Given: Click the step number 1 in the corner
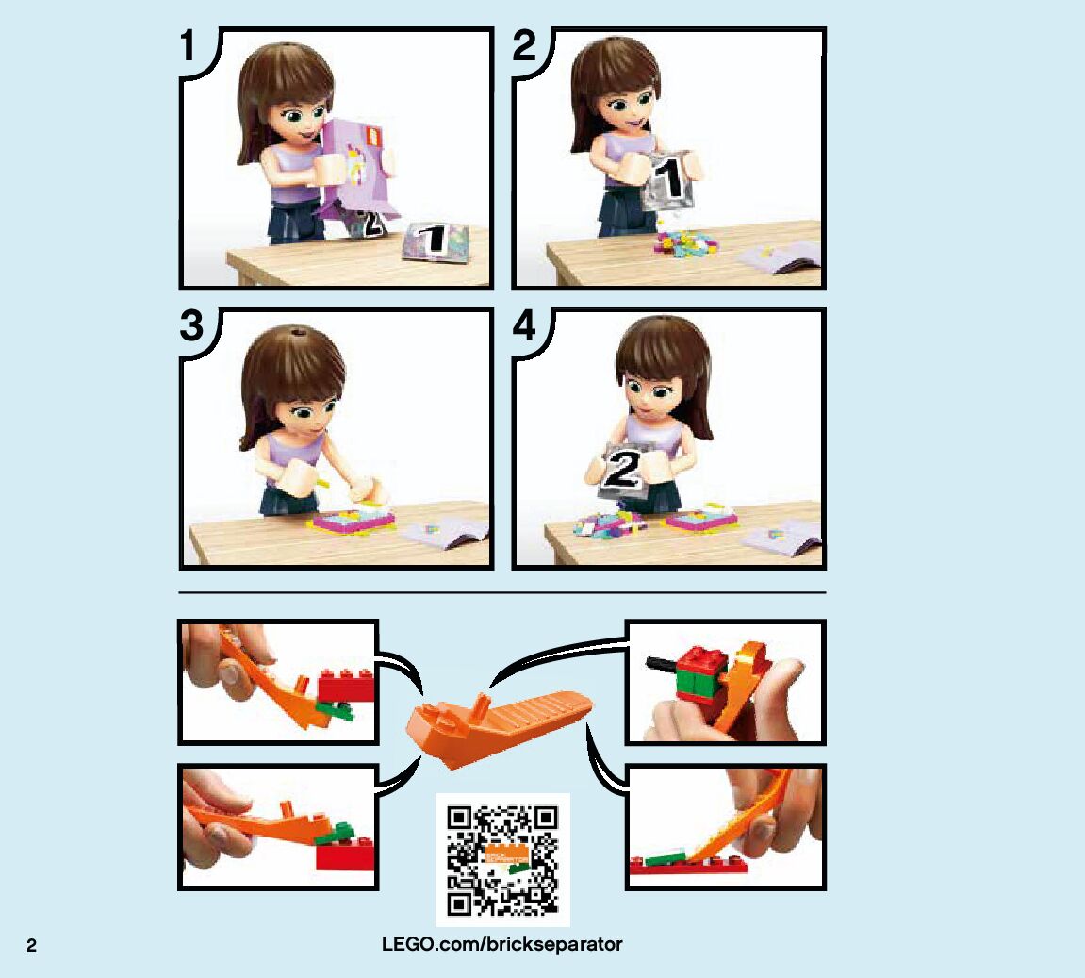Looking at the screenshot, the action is (188, 45).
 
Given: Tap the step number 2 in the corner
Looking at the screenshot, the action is (524, 45).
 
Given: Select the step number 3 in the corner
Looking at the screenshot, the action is (191, 325).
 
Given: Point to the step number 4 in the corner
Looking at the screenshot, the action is (524, 325).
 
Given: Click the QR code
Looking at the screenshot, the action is (502, 860).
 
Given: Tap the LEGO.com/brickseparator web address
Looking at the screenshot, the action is (501, 944).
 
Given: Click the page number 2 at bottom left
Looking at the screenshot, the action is (31, 946).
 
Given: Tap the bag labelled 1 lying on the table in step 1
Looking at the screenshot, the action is (436, 240).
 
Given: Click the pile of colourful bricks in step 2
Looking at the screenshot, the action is (685, 243).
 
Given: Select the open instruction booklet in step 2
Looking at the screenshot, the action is (779, 258).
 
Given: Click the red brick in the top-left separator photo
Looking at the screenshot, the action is (347, 686).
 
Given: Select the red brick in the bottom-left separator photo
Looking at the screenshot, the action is (345, 854).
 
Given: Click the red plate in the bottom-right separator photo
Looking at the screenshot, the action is (688, 865).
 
